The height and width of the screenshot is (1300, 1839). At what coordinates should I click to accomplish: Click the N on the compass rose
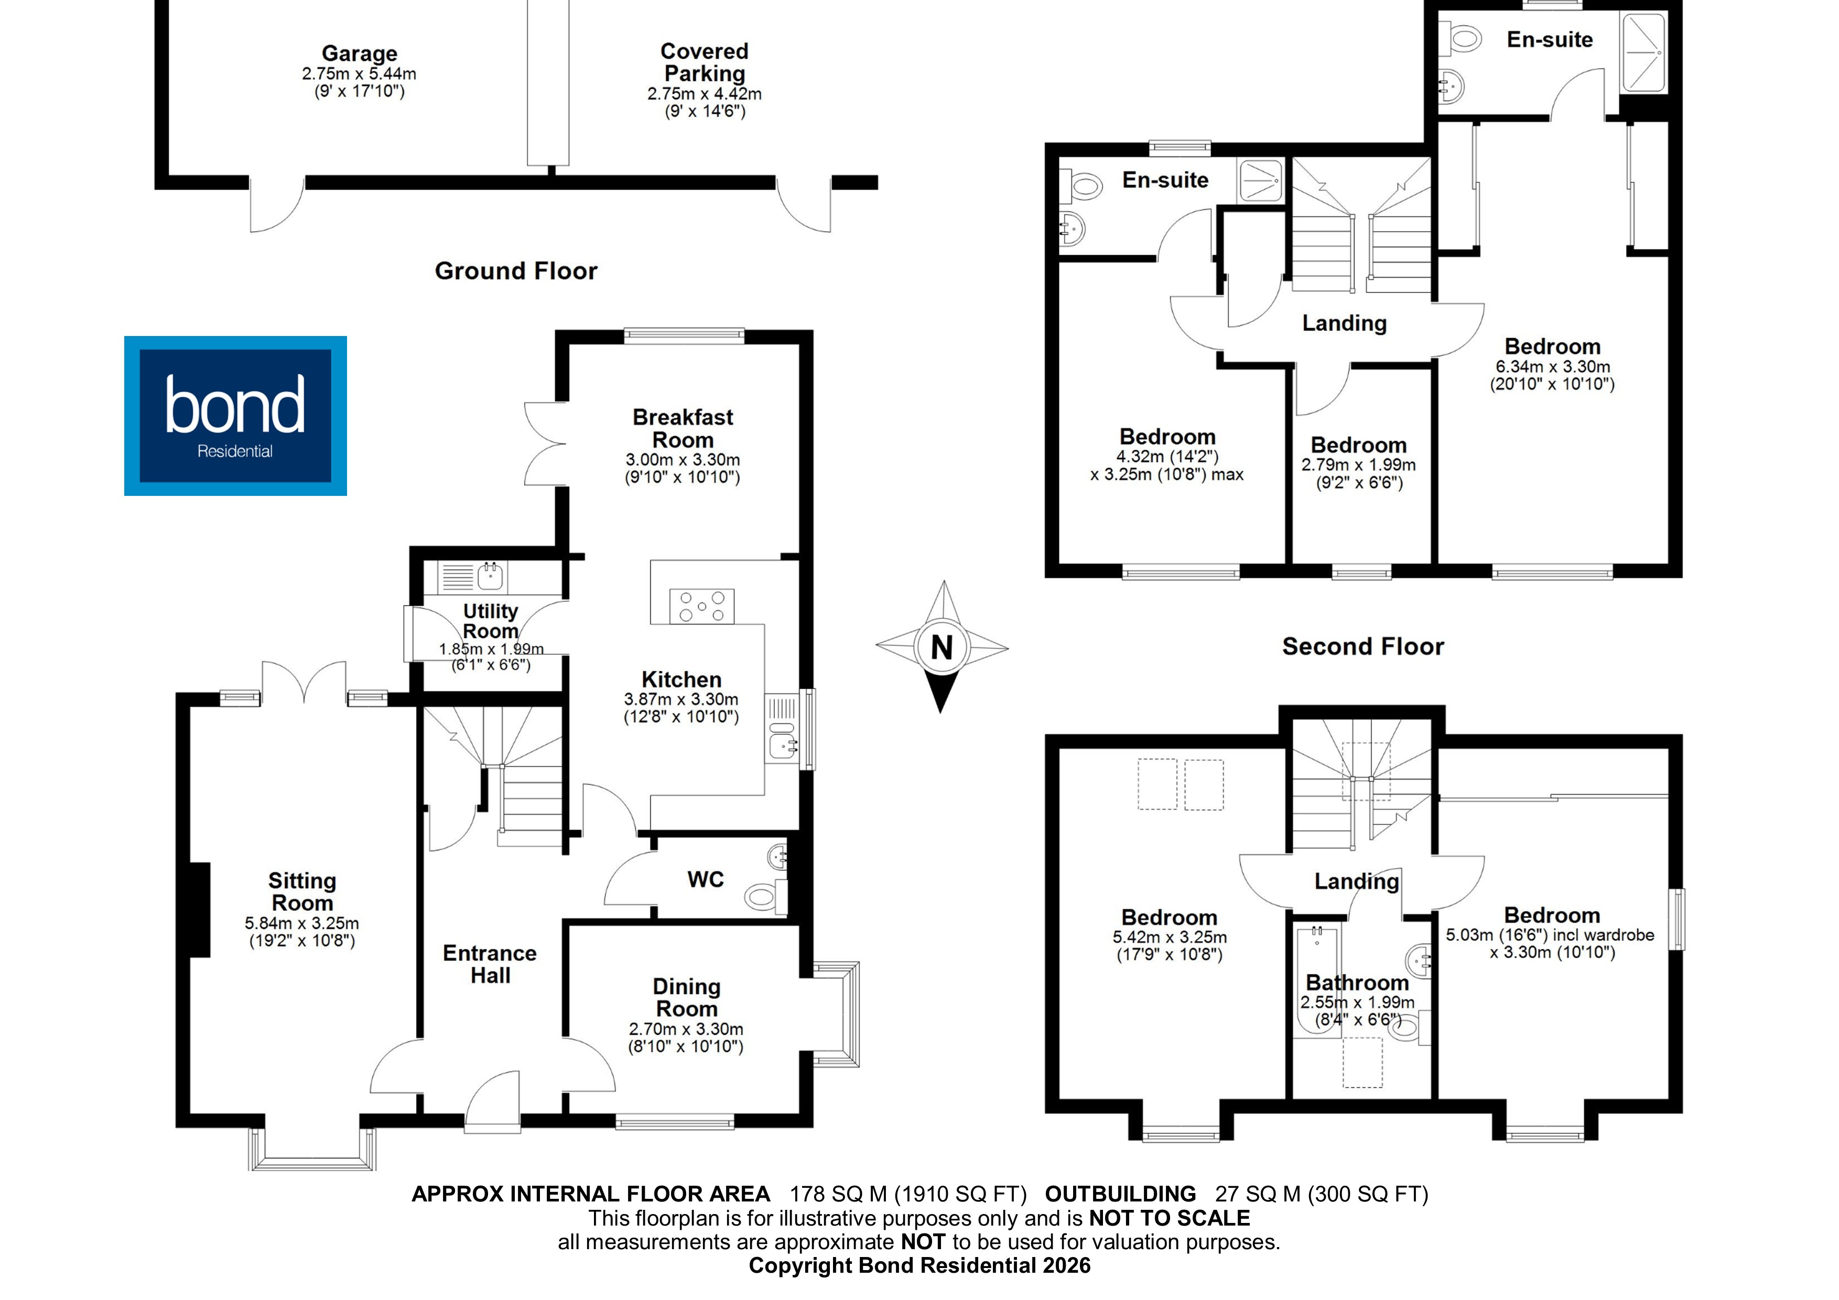pos(942,647)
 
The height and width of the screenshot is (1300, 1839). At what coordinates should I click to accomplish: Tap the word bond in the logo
pos(235,405)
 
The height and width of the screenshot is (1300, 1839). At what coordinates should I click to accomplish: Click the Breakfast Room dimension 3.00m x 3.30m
pos(683,460)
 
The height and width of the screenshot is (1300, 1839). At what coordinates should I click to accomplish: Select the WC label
pos(705,880)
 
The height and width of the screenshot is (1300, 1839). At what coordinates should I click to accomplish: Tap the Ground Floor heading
pos(516,270)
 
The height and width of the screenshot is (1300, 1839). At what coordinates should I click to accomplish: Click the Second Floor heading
pos(1362,646)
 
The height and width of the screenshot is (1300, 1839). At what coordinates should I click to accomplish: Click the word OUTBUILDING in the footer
pos(1120,1194)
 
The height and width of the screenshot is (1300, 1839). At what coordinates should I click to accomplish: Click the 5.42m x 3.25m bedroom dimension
pos(1170,937)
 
